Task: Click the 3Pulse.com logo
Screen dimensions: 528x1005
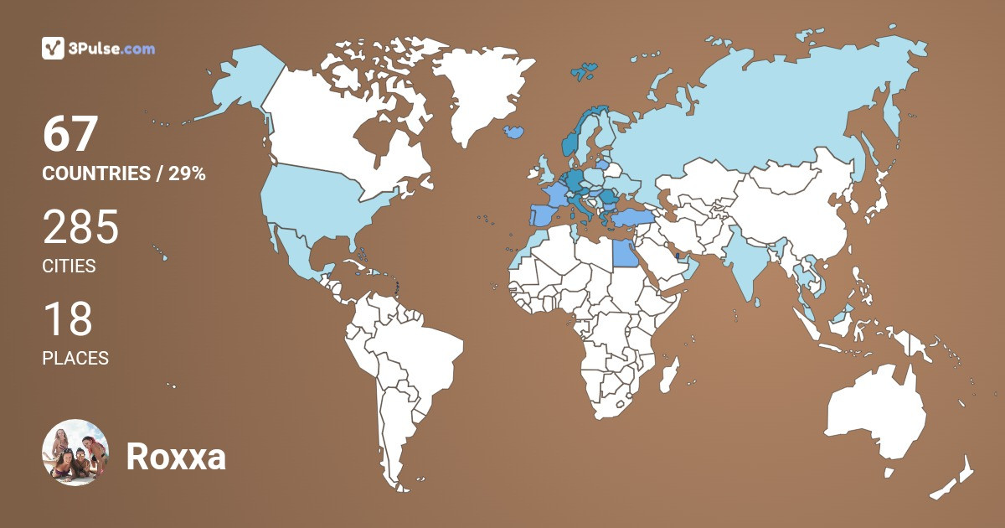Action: click(99, 49)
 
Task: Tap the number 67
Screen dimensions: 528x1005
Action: click(71, 135)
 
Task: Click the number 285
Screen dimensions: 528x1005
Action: click(80, 228)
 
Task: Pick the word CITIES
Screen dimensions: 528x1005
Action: click(69, 267)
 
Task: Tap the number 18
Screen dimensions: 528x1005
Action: click(67, 320)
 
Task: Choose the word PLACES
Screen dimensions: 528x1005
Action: click(75, 358)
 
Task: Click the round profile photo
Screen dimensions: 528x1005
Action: click(75, 453)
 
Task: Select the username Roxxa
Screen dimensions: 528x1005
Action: click(176, 458)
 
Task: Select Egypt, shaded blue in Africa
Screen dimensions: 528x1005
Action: click(624, 251)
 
